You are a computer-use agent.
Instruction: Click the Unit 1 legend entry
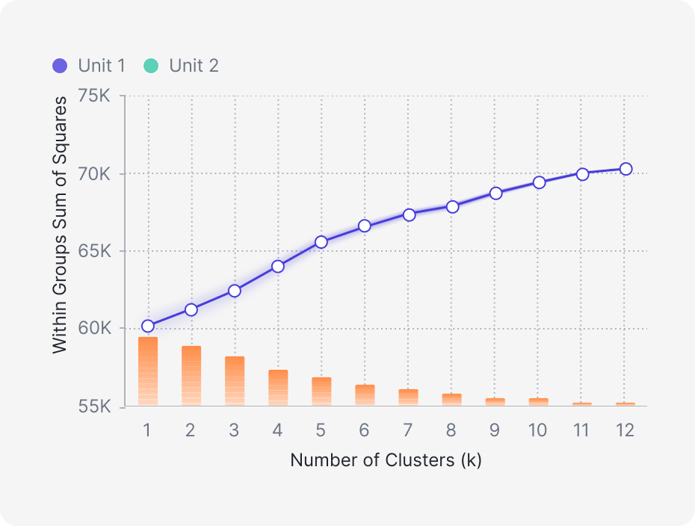tap(89, 66)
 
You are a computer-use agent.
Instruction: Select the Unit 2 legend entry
tap(181, 66)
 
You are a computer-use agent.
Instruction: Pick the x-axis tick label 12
tap(625, 430)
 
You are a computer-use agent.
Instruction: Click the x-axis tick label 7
tap(408, 430)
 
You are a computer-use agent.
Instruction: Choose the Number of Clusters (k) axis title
tap(386, 460)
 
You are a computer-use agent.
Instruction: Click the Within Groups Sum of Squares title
tap(60, 225)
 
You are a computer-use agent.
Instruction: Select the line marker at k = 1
tap(148, 326)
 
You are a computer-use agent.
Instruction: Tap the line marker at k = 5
tap(321, 242)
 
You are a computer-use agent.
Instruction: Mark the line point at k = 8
tap(451, 207)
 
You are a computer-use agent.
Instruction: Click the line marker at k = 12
tap(625, 169)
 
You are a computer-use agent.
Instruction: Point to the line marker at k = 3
tap(235, 291)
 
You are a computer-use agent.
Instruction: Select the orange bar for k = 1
tap(148, 371)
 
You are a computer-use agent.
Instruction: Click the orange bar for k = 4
tap(278, 388)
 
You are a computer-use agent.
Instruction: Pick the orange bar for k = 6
tap(365, 395)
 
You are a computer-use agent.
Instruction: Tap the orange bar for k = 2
tap(191, 376)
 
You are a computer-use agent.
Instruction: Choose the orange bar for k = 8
tap(451, 400)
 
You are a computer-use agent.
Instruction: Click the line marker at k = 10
tap(539, 182)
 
